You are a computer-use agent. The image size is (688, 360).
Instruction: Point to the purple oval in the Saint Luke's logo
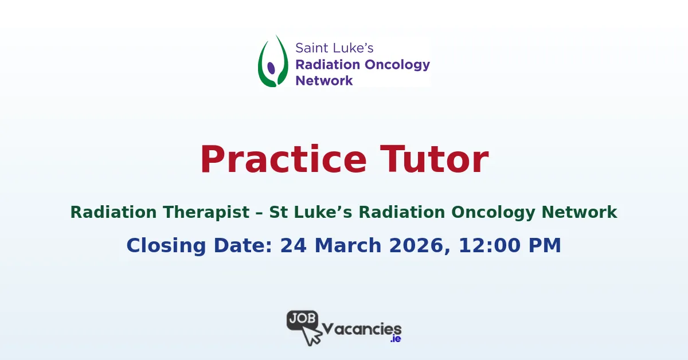point(271,68)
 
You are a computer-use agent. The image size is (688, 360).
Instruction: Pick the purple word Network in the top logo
point(324,80)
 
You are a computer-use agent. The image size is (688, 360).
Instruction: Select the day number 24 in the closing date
point(293,245)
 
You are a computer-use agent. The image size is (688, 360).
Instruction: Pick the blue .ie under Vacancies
point(395,339)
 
